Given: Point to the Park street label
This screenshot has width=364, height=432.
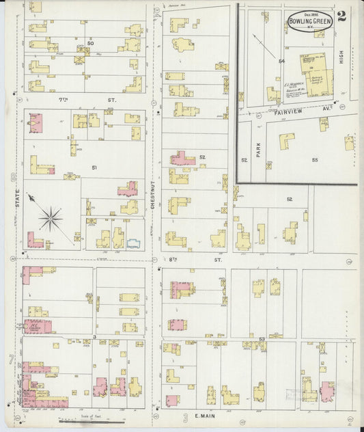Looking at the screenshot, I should pyautogui.click(x=259, y=149).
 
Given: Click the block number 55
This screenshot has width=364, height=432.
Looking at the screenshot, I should pyautogui.click(x=315, y=159).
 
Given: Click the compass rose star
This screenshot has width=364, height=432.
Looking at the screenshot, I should pyautogui.click(x=51, y=219).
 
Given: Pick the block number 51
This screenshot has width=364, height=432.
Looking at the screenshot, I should pyautogui.click(x=94, y=167).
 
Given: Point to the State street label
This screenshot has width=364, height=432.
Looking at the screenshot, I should pyautogui.click(x=29, y=201).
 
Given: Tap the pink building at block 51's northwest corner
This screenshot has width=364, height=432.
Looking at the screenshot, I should pyautogui.click(x=36, y=124).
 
